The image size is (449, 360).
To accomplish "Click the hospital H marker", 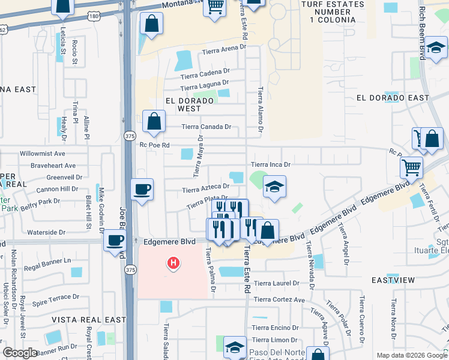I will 173,262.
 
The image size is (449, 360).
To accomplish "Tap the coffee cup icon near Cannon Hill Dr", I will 142,190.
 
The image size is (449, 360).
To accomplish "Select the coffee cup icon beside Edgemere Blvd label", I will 115,241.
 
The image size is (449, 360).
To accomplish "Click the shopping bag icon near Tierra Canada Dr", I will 154,121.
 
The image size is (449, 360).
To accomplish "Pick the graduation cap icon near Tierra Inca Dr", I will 274,187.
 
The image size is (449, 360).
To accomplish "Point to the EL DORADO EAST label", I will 393,98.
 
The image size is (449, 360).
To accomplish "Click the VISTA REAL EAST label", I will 88,320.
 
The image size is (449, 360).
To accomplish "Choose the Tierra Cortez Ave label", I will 279,299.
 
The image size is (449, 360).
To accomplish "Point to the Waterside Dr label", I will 46,232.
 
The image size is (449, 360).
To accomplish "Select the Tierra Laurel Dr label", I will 276,283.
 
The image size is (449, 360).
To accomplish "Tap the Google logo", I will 20,353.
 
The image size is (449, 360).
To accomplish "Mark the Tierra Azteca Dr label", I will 206,190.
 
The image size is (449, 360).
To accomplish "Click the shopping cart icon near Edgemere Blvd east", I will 412,167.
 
